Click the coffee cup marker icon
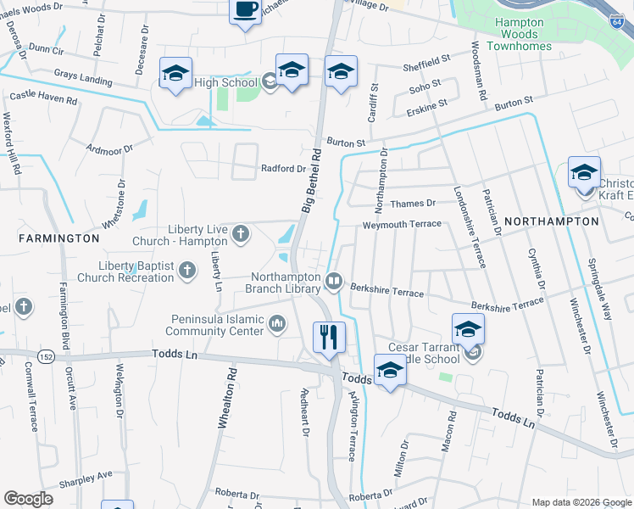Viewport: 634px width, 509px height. click(246, 10)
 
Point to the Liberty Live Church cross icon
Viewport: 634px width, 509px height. click(241, 233)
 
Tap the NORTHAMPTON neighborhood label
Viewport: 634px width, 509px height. click(551, 221)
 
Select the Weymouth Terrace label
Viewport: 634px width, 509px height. click(402, 224)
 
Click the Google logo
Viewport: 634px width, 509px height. click(28, 499)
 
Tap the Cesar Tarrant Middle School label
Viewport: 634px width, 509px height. click(428, 352)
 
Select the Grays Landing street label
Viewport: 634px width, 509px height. click(82, 78)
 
